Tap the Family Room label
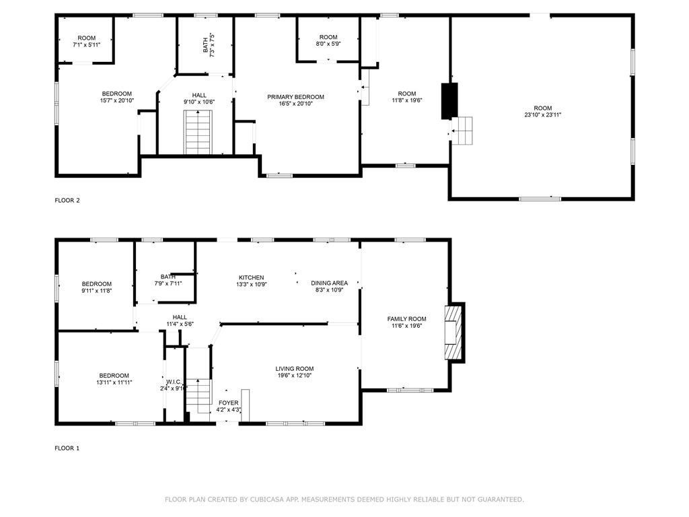click(x=406, y=318)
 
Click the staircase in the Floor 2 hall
click(x=198, y=133)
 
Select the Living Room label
click(x=294, y=368)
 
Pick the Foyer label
click(x=228, y=403)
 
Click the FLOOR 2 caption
click(x=67, y=200)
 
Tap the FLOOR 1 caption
click(x=67, y=448)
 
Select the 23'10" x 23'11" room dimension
click(x=542, y=115)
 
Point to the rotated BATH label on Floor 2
click(x=205, y=44)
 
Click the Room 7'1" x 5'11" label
click(x=86, y=38)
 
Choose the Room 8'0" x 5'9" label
click(x=328, y=37)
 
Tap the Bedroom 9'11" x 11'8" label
click(x=97, y=284)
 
